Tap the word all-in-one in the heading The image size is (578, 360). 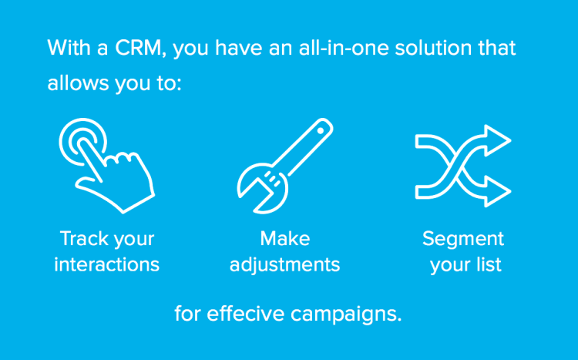coord(344,48)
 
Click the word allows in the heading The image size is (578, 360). coord(78,82)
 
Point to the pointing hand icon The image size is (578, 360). coord(106,166)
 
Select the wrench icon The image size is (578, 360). coord(285,166)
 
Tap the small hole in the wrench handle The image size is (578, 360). coord(321,130)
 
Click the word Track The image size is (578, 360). coord(81,238)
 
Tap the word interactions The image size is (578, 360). coord(107,264)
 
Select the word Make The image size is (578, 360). coord(285,238)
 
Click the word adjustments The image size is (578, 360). coord(285,265)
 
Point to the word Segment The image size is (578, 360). coord(463,239)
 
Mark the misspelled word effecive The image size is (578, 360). coord(246,314)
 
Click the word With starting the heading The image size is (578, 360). coord(69,48)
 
